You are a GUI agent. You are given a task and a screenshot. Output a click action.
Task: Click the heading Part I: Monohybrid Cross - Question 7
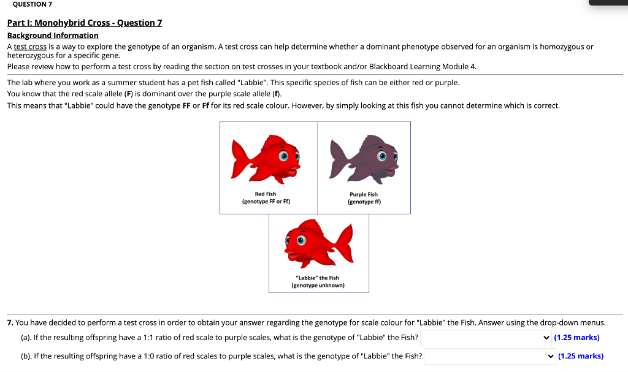tap(85, 23)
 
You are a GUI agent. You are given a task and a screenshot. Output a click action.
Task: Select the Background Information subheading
tap(53, 36)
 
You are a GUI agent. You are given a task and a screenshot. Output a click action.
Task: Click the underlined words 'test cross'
tap(30, 47)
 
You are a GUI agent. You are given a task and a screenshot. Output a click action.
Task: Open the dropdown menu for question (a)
tap(485, 338)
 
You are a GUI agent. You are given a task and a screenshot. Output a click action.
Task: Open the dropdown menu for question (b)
tap(489, 356)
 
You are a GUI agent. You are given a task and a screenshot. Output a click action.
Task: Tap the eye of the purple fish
tap(383, 156)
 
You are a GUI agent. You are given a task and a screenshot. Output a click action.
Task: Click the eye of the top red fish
tap(283, 156)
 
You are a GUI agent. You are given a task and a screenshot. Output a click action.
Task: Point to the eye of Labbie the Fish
tap(301, 240)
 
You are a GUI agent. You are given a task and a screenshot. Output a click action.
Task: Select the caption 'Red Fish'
tap(266, 194)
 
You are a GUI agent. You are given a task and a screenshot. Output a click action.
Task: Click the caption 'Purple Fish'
tap(364, 194)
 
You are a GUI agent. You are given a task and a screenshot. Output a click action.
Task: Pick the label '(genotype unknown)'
tap(318, 285)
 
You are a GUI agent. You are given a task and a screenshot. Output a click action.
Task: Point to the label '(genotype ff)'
tap(364, 202)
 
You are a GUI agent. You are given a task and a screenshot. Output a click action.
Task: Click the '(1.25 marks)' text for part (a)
tap(576, 338)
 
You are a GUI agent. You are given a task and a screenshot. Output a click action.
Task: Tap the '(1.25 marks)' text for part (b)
tap(580, 356)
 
